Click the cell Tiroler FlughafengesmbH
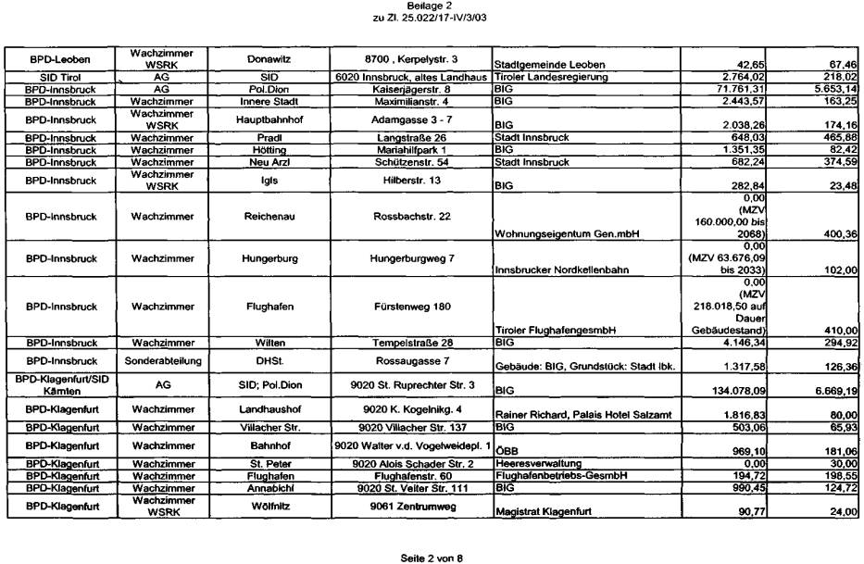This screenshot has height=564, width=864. [x=554, y=330]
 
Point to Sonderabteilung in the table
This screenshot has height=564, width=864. [x=156, y=358]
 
